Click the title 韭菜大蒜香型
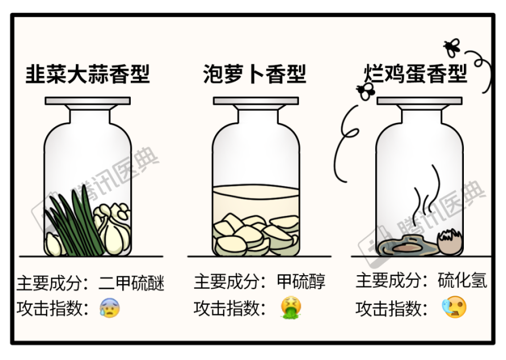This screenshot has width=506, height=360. tap(87, 74)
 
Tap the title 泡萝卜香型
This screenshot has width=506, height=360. tap(255, 74)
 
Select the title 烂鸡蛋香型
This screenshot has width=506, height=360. tap(416, 74)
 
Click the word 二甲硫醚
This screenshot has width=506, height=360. tap(132, 284)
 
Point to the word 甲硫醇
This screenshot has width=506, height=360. tap(301, 282)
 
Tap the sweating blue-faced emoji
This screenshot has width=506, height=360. tap(109, 308)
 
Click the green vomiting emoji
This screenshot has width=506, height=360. tap(289, 308)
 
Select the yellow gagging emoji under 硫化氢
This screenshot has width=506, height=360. tap(454, 308)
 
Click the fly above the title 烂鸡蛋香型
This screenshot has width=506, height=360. tap(452, 47)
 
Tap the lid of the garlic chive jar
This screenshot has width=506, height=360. tap(87, 101)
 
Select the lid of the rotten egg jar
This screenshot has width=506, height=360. tap(419, 101)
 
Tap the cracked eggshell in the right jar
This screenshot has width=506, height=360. tap(449, 242)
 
